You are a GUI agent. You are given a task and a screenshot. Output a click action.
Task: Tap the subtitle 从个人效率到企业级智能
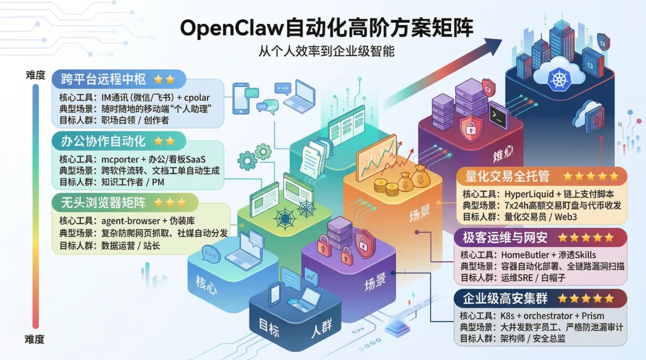click(326, 51)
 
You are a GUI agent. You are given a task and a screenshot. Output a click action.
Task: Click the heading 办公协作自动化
click(103, 141)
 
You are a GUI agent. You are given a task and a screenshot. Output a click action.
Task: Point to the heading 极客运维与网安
click(505, 237)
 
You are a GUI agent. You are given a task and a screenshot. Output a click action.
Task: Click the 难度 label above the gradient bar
click(35, 75)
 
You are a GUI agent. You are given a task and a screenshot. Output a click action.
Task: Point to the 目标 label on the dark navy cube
click(269, 327)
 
